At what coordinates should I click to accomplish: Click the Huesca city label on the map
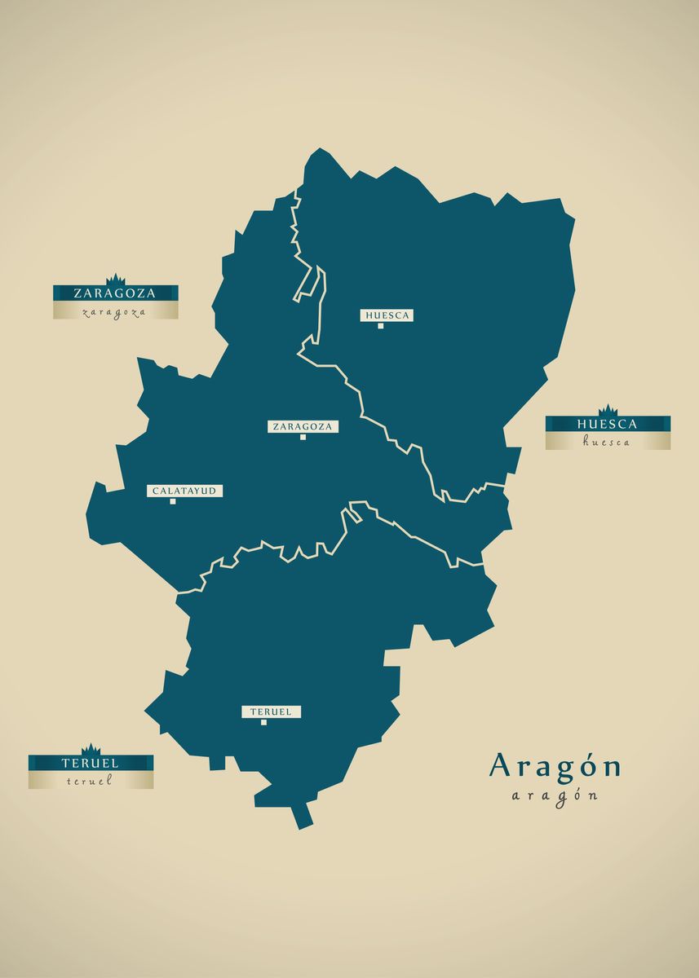[x=387, y=315]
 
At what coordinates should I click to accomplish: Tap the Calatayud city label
[x=184, y=491]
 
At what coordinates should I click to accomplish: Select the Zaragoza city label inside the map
[x=303, y=426]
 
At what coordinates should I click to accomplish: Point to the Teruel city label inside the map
[x=271, y=711]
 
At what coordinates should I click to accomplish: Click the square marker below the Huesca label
[x=380, y=326]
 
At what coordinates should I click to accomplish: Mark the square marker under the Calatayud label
[x=173, y=502]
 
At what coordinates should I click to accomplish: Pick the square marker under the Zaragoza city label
[x=303, y=438]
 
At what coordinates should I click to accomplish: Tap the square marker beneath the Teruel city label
[x=263, y=722]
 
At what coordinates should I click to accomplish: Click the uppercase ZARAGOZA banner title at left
[x=115, y=293]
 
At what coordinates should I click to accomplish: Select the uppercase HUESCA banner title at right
[x=608, y=424]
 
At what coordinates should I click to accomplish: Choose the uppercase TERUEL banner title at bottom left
[x=91, y=764]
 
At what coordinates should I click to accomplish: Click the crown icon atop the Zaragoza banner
[x=116, y=280]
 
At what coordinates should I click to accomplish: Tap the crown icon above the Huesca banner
[x=608, y=411]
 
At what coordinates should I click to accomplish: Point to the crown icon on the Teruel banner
[x=91, y=750]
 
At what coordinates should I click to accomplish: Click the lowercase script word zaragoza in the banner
[x=115, y=311]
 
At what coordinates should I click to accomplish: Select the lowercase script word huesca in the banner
[x=607, y=442]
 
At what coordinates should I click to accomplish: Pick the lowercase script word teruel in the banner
[x=90, y=781]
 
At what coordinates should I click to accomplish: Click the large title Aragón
[x=555, y=766]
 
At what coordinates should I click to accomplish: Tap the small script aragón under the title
[x=555, y=795]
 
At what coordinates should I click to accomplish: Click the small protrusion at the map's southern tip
[x=303, y=817]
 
